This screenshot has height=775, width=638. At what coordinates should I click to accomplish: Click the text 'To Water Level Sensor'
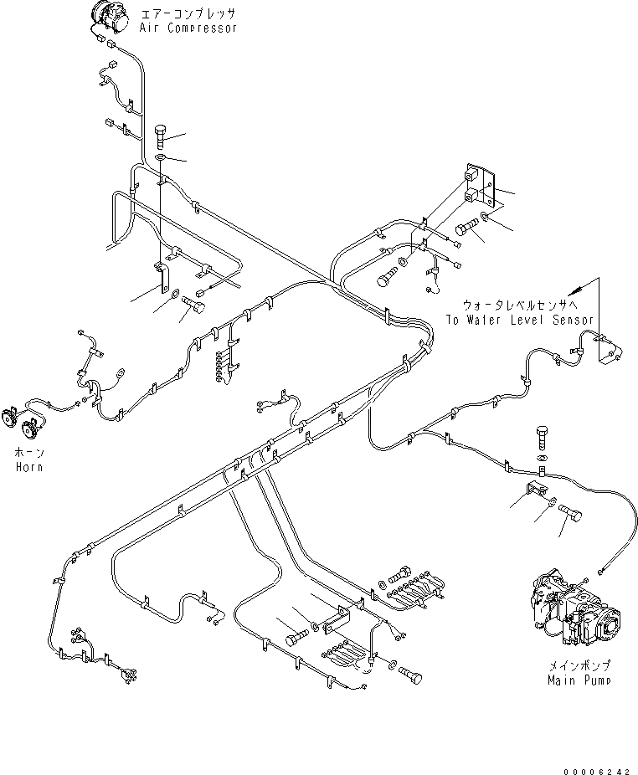(x=519, y=320)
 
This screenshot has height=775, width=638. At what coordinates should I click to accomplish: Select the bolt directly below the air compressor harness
(x=161, y=134)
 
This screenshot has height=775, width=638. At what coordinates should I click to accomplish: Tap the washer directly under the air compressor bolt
(x=161, y=157)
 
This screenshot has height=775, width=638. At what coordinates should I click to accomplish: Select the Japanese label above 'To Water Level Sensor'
(x=519, y=305)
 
